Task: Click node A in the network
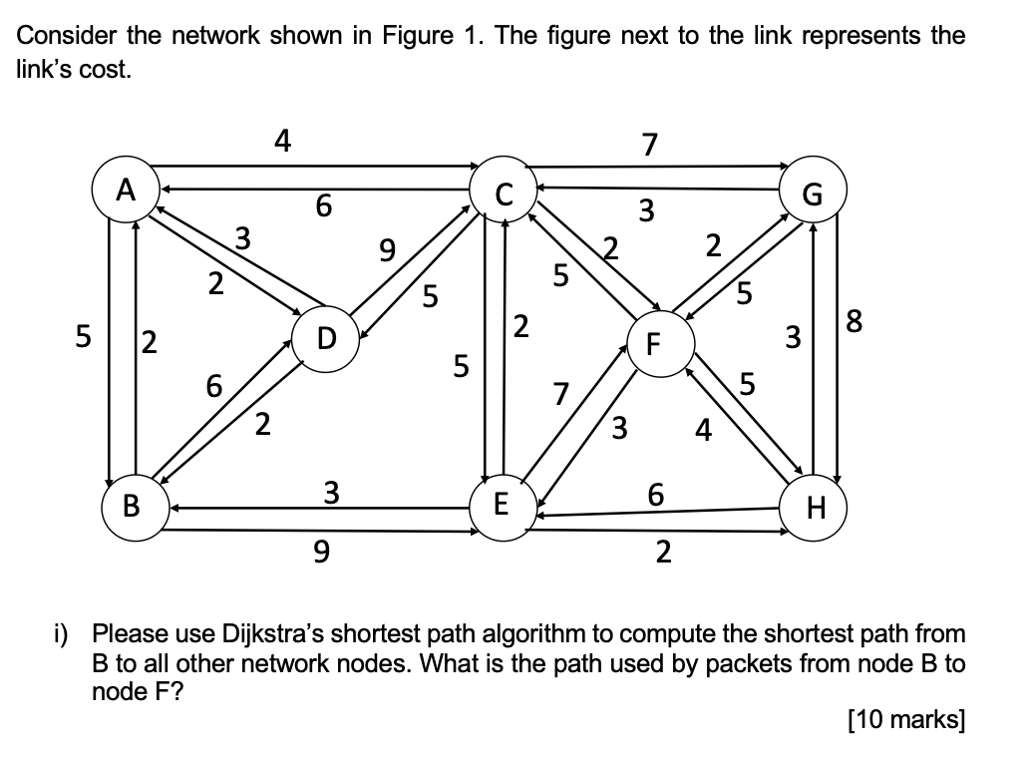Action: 125,190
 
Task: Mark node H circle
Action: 815,509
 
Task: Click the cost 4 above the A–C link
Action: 283,143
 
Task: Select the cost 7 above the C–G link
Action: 649,146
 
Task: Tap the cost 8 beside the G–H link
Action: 854,323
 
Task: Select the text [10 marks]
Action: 905,720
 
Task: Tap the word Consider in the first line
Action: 67,37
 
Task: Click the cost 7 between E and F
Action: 562,395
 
